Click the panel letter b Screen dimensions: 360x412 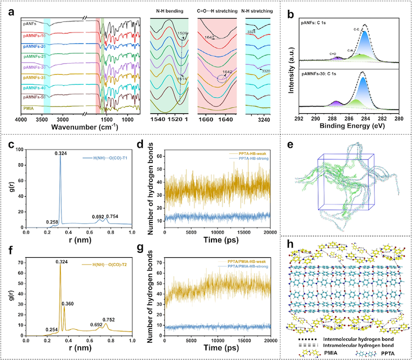point(298,6)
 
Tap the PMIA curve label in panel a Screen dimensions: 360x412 point(29,108)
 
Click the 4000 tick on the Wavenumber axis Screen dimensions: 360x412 point(21,119)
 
